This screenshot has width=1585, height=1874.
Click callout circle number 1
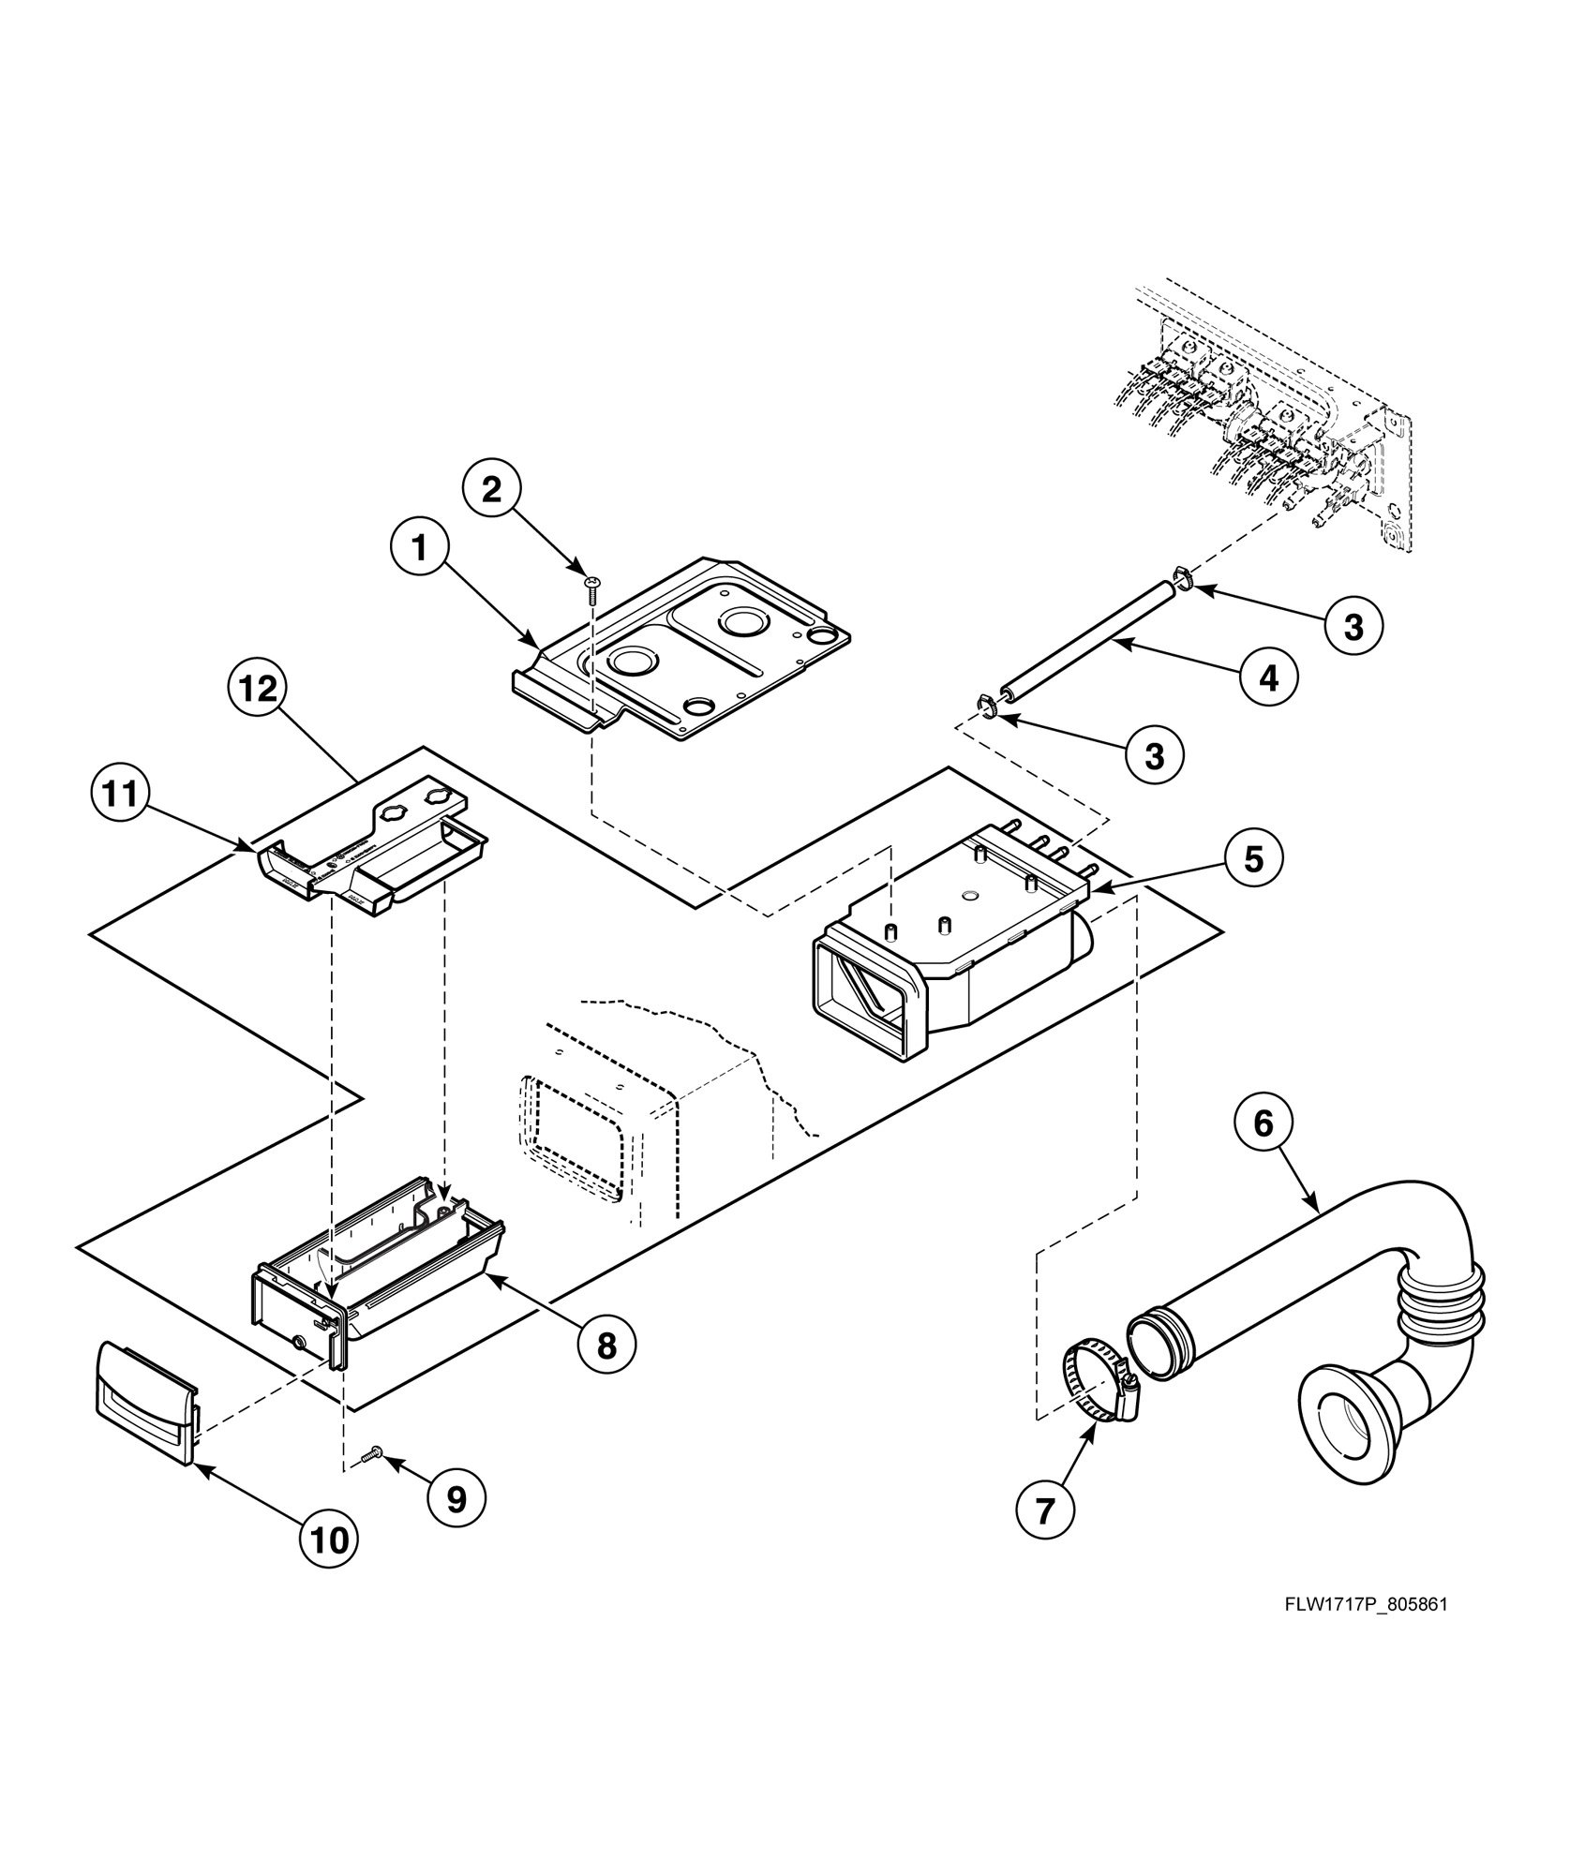419,548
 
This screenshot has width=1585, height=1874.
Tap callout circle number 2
492,489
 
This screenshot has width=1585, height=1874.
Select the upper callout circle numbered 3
1353,627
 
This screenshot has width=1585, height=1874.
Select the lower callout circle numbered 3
1154,754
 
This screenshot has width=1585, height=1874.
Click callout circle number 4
1268,677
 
